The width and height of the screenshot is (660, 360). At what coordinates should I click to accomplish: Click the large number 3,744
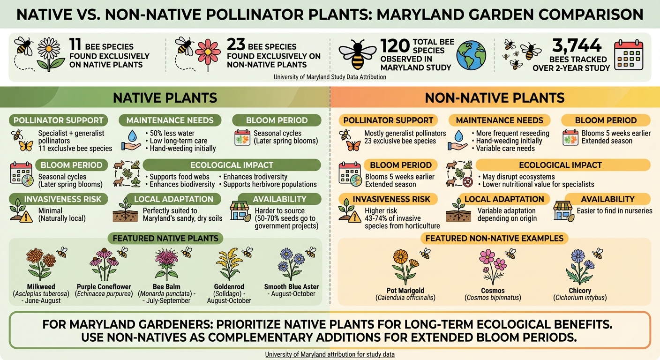tap(577, 45)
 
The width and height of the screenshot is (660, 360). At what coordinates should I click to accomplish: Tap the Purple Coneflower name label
tap(104, 287)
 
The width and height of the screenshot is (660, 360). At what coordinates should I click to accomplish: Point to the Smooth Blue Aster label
tap(291, 287)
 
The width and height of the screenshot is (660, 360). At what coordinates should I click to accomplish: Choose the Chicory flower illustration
tap(579, 266)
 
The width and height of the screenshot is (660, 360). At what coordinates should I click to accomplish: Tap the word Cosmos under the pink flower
tap(493, 291)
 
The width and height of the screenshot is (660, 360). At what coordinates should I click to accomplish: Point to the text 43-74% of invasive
tap(393, 218)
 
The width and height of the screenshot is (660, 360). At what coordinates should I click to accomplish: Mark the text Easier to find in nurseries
tap(614, 211)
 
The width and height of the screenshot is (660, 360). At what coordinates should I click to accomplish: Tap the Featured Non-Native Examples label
tap(495, 239)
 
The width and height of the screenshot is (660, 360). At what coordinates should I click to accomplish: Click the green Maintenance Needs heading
tap(170, 120)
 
